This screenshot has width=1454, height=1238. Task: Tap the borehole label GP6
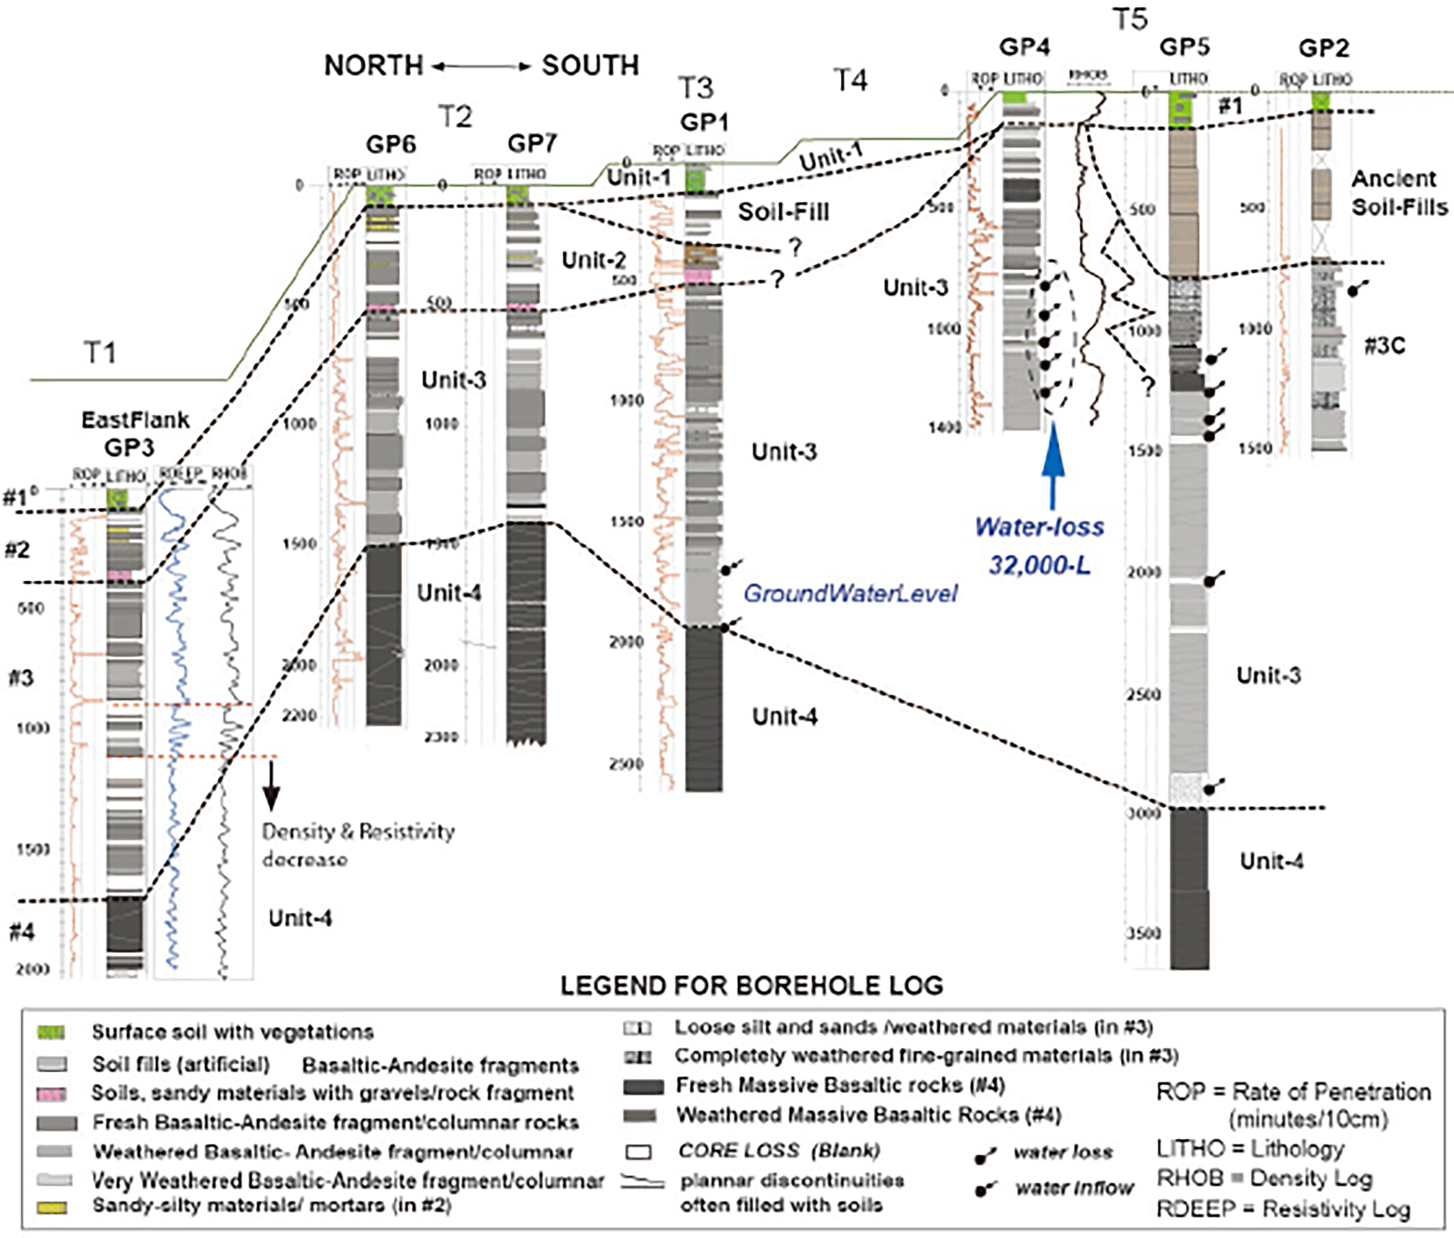pyautogui.click(x=391, y=145)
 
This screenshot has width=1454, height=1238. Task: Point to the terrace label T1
pyautogui.click(x=100, y=352)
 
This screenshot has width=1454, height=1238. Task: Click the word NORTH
pyautogui.click(x=373, y=66)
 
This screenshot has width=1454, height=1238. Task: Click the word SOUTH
pyautogui.click(x=590, y=66)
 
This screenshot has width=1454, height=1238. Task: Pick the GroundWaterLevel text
pyautogui.click(x=851, y=593)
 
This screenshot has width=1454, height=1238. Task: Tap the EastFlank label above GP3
pyautogui.click(x=135, y=419)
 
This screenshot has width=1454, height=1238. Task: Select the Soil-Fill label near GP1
pyautogui.click(x=783, y=211)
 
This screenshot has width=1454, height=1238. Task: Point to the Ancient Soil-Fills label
pyautogui.click(x=1399, y=193)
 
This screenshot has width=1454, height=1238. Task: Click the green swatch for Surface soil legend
pyautogui.click(x=51, y=1032)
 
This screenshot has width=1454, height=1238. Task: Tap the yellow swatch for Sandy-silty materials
pyautogui.click(x=51, y=1207)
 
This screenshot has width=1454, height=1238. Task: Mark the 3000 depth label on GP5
pyautogui.click(x=1144, y=814)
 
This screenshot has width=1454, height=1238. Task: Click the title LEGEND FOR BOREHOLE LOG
pyautogui.click(x=752, y=985)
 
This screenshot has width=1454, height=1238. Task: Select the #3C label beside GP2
pyautogui.click(x=1384, y=346)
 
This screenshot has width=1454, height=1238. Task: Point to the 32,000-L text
pyautogui.click(x=1039, y=564)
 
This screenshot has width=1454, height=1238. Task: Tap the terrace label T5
pyautogui.click(x=1130, y=20)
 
